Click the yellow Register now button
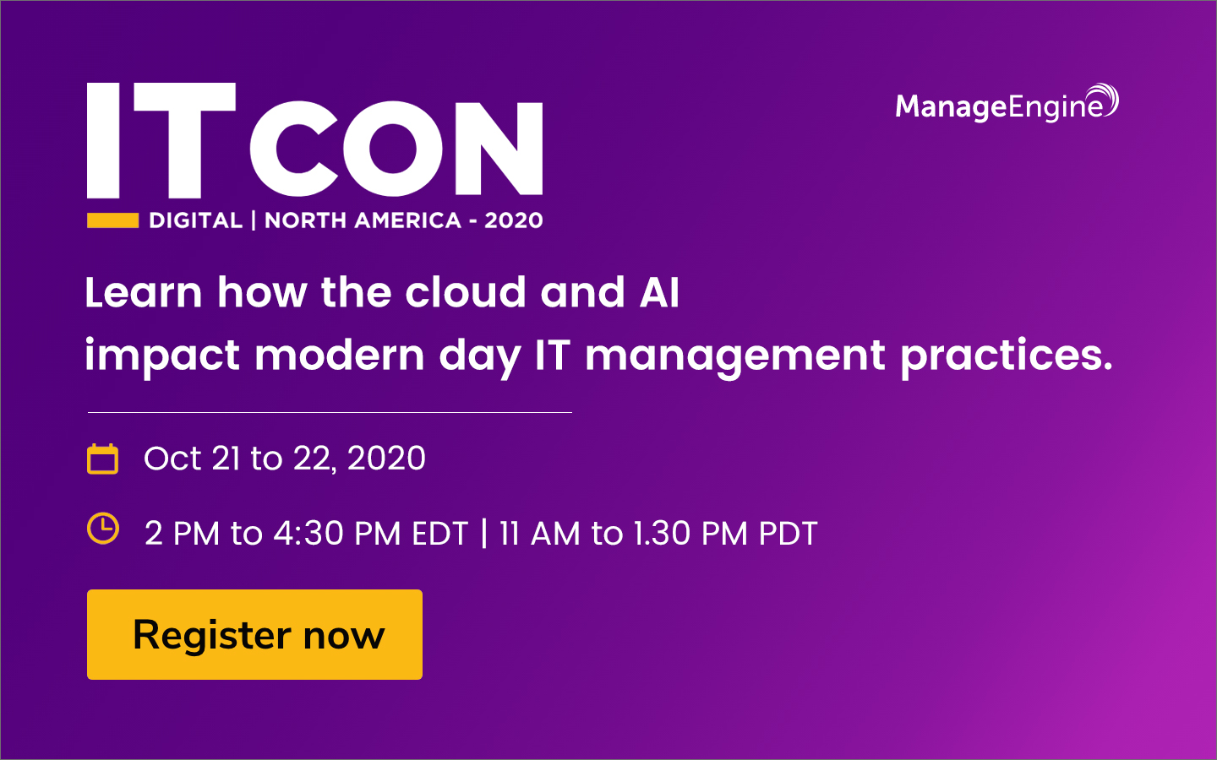(x=254, y=634)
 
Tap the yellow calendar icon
(x=103, y=459)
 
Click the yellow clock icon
(x=103, y=529)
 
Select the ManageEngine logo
(x=1006, y=105)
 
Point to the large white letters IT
(x=161, y=140)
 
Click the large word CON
(x=396, y=149)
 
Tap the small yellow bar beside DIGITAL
(x=112, y=220)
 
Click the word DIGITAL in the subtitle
(x=195, y=220)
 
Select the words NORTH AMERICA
(x=363, y=220)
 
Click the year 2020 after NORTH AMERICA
(x=513, y=220)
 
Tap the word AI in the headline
(x=659, y=293)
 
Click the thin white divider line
(x=330, y=412)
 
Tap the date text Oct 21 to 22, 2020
(x=285, y=459)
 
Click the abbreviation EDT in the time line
(x=439, y=534)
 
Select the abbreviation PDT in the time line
(x=788, y=534)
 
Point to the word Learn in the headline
(x=144, y=293)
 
